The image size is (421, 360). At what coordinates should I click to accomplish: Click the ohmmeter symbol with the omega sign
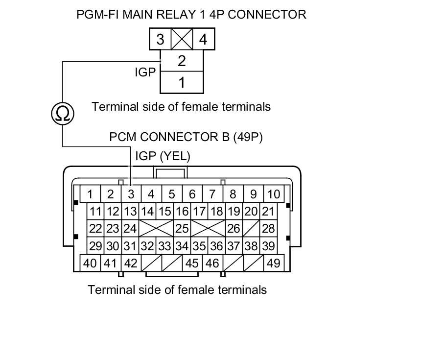(63, 114)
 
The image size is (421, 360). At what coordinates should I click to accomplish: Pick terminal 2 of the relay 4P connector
(182, 62)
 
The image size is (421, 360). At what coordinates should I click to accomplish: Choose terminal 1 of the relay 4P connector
(182, 82)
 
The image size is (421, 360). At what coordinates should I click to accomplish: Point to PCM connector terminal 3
(131, 194)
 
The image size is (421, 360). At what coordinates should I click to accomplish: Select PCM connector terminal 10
(274, 194)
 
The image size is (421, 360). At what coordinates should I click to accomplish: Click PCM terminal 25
(182, 228)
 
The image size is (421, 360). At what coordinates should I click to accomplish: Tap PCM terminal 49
(274, 263)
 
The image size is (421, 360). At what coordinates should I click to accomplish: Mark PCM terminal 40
(90, 263)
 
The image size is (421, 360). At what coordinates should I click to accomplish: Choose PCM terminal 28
(268, 228)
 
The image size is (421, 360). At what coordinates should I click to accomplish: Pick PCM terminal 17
(198, 212)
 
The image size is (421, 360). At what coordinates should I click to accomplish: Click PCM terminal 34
(182, 245)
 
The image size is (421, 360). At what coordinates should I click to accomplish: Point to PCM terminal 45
(192, 263)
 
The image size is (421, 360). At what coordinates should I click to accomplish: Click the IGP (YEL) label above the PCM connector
(163, 156)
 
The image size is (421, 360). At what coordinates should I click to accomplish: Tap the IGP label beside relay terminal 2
(145, 72)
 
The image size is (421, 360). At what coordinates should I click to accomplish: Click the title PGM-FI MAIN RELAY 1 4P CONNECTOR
(191, 14)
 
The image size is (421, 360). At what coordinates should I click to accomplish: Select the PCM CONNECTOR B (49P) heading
(186, 137)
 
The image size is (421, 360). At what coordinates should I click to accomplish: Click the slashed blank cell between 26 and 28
(252, 228)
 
